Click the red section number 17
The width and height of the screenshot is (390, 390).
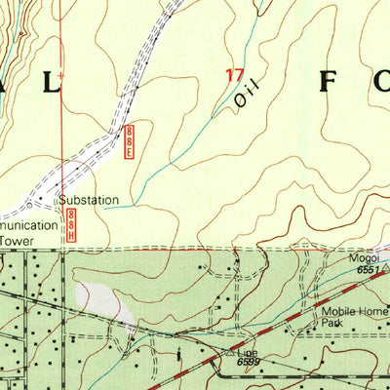click(234, 75)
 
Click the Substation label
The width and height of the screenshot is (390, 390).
click(89, 200)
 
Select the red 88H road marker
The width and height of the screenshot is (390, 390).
click(72, 230)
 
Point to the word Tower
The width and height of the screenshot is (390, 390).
click(15, 237)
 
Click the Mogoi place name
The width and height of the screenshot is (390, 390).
click(364, 260)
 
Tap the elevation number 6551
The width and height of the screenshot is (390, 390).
click(367, 271)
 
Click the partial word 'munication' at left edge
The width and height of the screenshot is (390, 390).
click(22, 220)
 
